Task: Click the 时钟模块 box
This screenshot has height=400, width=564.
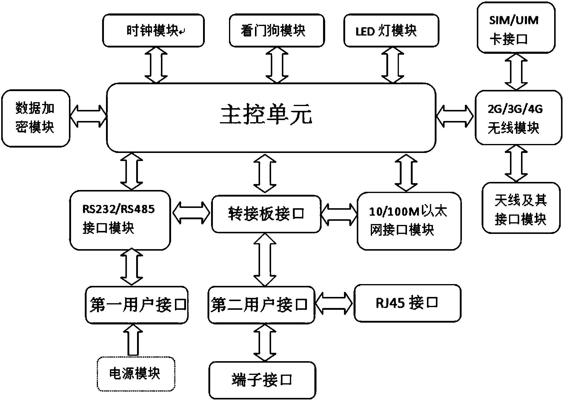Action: [153, 30]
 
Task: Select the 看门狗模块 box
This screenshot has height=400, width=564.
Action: [276, 30]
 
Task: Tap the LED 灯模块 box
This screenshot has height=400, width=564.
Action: [391, 30]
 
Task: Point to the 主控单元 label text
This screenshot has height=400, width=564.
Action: [266, 116]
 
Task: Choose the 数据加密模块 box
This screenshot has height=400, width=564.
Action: [36, 118]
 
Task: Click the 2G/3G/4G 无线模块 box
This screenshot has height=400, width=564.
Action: [518, 118]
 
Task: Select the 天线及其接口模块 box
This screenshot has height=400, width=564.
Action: [521, 208]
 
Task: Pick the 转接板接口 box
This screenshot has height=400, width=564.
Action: [266, 214]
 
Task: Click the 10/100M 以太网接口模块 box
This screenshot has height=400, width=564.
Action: [409, 221]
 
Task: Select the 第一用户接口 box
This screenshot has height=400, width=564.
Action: [137, 305]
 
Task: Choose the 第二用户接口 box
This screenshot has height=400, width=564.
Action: [261, 305]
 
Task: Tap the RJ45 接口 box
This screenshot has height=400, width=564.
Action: [407, 303]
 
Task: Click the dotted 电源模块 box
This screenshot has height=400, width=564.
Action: [136, 374]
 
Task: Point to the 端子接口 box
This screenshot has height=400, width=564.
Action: [262, 380]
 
